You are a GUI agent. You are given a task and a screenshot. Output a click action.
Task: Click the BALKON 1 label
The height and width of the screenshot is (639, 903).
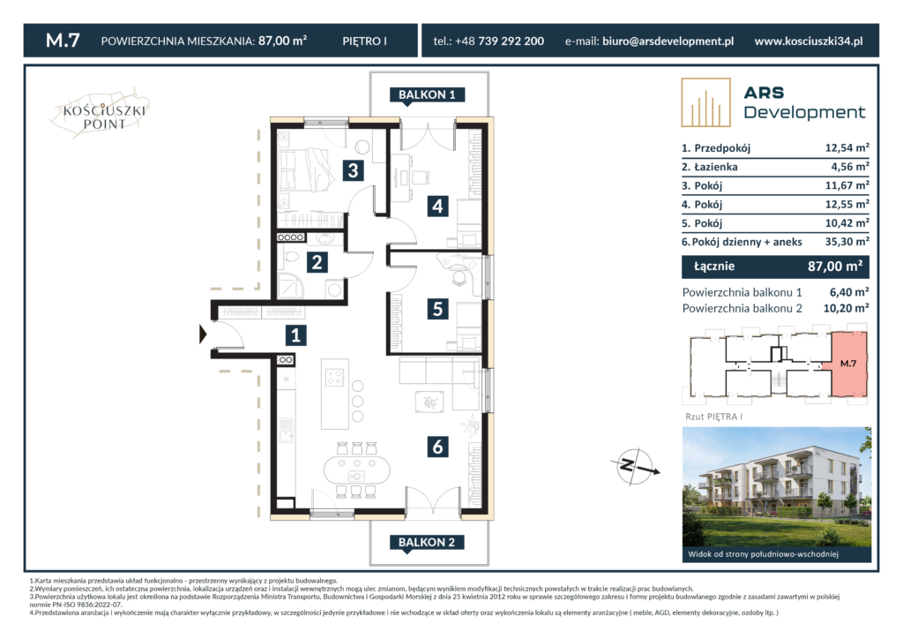pyautogui.click(x=427, y=95)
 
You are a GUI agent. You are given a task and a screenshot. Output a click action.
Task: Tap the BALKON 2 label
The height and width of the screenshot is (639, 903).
pyautogui.click(x=427, y=542)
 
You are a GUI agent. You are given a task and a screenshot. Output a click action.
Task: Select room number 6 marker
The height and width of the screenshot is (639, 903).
pyautogui.click(x=437, y=446)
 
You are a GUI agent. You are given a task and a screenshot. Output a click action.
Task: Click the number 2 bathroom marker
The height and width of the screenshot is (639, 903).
pyautogui.click(x=317, y=262)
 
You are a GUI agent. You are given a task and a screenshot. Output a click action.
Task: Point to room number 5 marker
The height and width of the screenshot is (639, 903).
pyautogui.click(x=437, y=309)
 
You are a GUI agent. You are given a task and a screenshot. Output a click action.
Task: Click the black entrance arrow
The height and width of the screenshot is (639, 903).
pyautogui.click(x=203, y=335)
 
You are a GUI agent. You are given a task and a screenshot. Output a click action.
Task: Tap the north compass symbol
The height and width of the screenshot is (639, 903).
pyautogui.click(x=635, y=466)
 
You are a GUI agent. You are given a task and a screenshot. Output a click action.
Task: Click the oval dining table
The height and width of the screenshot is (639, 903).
pyautogui.click(x=357, y=470)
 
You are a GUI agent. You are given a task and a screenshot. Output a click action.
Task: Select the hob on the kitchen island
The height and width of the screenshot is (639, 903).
pyautogui.click(x=335, y=378)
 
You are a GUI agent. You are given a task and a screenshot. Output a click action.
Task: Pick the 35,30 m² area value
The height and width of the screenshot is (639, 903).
pyautogui.click(x=847, y=242)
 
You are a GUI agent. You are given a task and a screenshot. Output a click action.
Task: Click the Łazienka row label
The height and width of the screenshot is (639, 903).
pyautogui.click(x=710, y=167)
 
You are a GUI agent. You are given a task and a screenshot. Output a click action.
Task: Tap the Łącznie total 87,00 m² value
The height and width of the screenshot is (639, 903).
pyautogui.click(x=835, y=267)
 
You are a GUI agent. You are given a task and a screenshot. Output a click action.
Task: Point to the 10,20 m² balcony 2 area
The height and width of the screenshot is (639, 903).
pyautogui.click(x=846, y=308)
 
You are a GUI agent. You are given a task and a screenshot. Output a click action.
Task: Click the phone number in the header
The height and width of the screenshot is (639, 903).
pyautogui.click(x=489, y=41)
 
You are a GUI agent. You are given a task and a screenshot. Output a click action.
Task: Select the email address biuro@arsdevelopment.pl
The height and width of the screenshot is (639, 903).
pyautogui.click(x=668, y=41)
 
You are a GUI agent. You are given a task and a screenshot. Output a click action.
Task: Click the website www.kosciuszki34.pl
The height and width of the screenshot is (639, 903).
pyautogui.click(x=809, y=41)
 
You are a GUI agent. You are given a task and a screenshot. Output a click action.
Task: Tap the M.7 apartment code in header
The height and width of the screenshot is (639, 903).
pyautogui.click(x=63, y=41)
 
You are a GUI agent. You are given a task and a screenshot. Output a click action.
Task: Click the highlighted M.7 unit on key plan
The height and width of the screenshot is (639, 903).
pyautogui.click(x=848, y=364)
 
